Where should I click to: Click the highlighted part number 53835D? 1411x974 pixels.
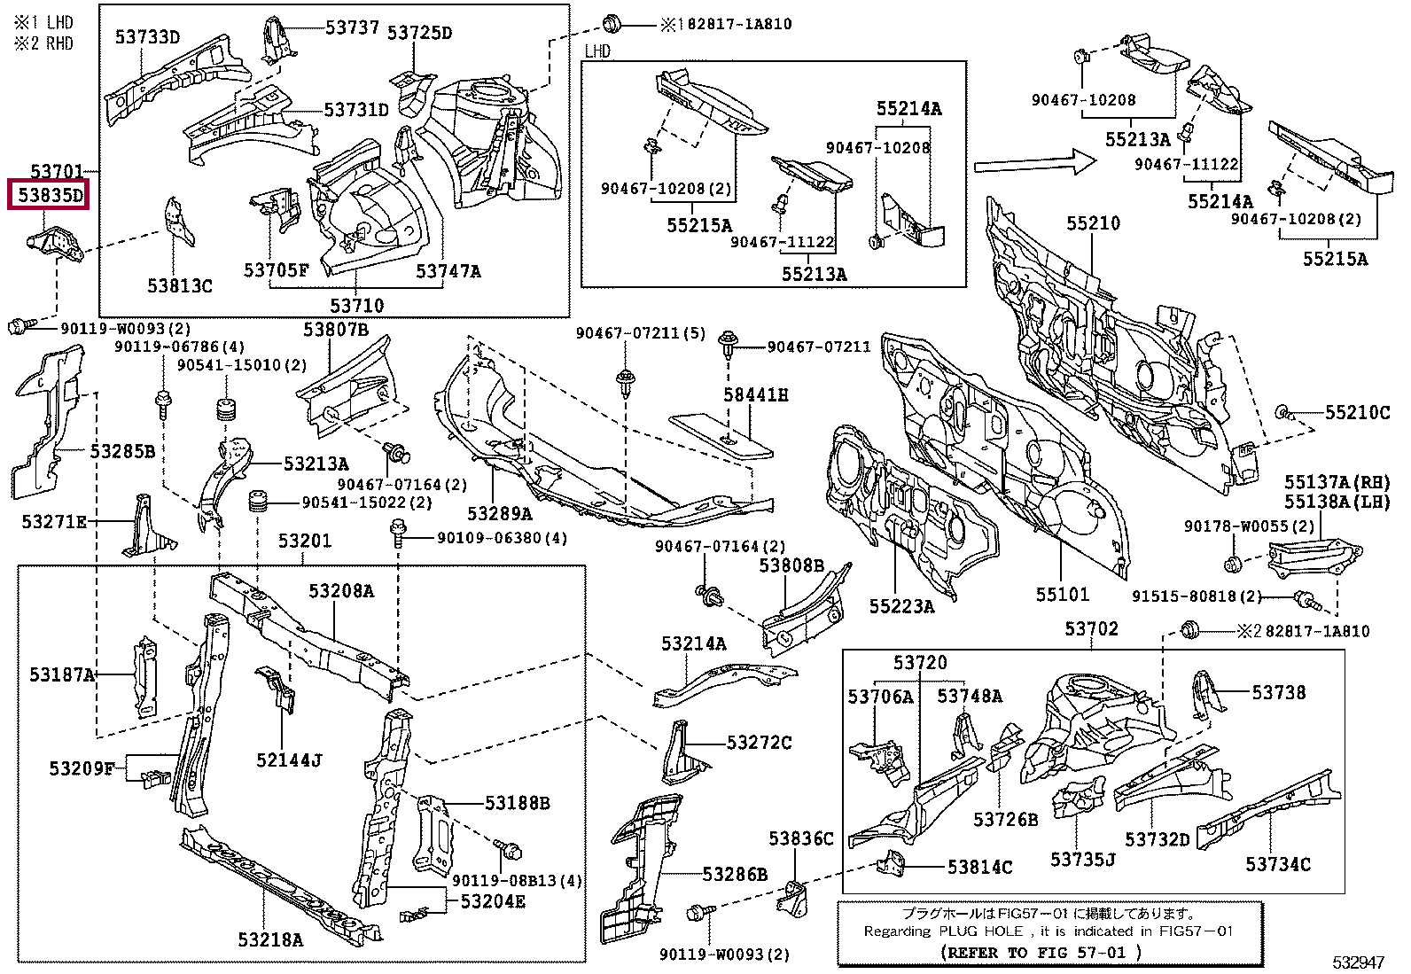(x=50, y=195)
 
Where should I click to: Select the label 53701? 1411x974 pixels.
(x=57, y=171)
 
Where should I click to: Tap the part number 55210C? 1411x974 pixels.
(x=1358, y=412)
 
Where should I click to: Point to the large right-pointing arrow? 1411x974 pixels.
(x=1035, y=163)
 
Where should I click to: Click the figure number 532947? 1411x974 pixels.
(x=1358, y=962)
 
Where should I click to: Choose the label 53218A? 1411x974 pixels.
(x=270, y=939)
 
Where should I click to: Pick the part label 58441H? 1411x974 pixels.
(x=755, y=395)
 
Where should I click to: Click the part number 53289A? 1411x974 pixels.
(x=500, y=513)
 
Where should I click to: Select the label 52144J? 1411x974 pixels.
(x=289, y=760)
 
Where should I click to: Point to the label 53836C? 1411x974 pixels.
(x=801, y=838)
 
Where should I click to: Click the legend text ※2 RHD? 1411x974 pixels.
(x=43, y=43)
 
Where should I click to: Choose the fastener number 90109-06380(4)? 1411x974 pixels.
(x=502, y=538)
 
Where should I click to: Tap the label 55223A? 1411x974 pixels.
(x=902, y=606)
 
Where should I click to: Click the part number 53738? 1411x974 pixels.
(x=1279, y=692)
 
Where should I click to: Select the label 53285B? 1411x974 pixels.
(x=122, y=451)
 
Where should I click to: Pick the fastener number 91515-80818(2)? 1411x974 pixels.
(x=1197, y=596)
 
